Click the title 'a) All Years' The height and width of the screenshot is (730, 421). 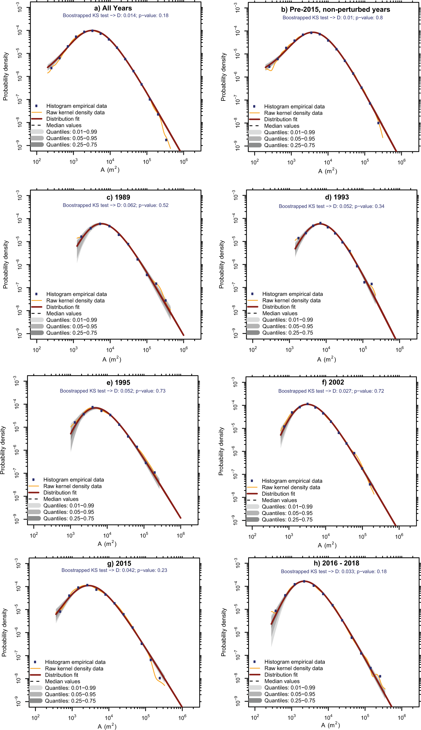point(113,8)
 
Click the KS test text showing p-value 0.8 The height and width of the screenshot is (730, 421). point(333,18)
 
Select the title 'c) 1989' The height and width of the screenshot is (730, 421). point(118,197)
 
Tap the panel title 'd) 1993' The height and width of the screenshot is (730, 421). point(337,197)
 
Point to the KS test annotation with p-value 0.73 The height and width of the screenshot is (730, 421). point(112,391)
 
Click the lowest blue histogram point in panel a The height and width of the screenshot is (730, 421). point(166,140)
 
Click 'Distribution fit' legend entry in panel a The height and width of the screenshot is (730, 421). point(63,119)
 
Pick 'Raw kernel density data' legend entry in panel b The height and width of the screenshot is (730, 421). point(293,113)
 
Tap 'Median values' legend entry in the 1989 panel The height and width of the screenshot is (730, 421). point(64,313)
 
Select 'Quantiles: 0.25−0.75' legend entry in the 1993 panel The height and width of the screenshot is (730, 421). point(287,333)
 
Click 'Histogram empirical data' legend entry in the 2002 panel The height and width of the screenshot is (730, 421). point(292,481)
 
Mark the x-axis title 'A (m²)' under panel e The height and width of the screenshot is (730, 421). point(107,544)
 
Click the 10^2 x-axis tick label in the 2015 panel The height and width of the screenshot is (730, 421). point(35,718)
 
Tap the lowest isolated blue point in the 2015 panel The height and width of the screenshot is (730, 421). point(160,678)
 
